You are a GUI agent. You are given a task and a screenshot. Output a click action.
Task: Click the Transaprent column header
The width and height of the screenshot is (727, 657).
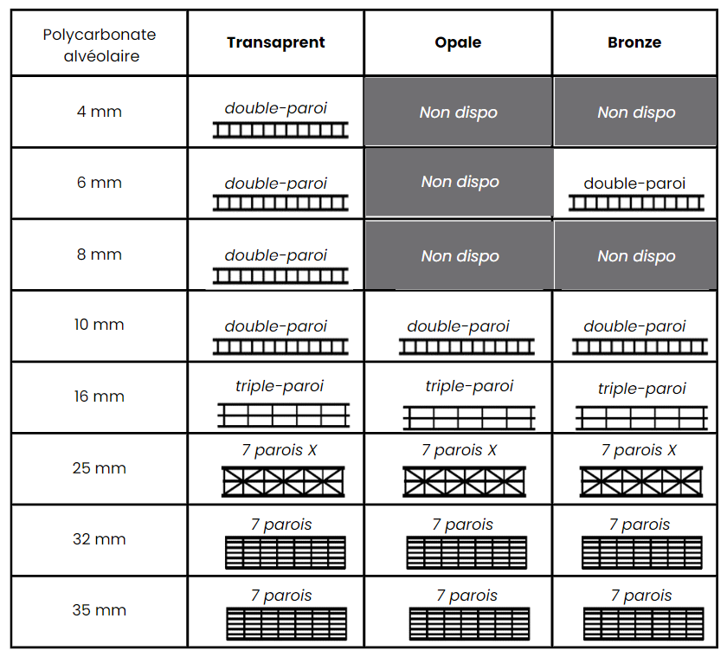[276, 42]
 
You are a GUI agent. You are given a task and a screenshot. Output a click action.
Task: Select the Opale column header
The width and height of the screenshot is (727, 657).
[458, 42]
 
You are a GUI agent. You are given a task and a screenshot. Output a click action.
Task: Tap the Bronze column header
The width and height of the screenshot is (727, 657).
[634, 42]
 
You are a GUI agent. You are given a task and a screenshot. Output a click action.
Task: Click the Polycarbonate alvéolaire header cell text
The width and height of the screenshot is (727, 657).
[100, 45]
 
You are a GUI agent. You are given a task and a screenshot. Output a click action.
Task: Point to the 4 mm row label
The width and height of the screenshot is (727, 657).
[100, 112]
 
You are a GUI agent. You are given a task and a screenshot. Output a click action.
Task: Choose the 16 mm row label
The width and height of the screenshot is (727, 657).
[100, 396]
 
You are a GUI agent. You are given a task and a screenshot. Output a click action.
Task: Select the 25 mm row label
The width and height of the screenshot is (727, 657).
[100, 467]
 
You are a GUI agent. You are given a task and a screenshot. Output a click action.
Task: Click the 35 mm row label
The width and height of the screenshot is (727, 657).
[100, 610]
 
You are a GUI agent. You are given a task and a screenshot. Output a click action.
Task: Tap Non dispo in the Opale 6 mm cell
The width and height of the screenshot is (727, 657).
[460, 182]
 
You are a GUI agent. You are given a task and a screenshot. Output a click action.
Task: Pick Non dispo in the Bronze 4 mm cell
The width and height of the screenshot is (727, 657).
[636, 113]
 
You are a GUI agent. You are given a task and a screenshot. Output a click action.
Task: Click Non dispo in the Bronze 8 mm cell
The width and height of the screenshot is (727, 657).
[636, 256]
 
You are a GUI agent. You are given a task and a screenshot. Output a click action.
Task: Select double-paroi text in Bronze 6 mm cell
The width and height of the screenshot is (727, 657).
[634, 184]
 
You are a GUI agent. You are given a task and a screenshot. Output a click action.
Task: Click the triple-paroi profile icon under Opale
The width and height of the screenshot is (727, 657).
[469, 417]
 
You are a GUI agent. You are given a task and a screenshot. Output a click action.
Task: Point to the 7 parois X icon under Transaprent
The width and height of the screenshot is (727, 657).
[283, 482]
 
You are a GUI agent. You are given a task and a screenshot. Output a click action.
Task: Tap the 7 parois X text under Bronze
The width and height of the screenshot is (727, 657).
[639, 450]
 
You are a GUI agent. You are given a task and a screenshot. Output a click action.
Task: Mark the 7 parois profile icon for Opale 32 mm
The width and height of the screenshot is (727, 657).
[466, 552]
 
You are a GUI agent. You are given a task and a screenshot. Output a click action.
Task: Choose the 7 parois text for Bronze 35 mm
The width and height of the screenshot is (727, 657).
[641, 596]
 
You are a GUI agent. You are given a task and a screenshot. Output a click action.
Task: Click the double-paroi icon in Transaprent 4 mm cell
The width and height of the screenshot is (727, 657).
[280, 131]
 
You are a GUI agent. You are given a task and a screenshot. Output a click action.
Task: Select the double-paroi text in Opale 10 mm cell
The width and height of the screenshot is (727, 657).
[458, 326]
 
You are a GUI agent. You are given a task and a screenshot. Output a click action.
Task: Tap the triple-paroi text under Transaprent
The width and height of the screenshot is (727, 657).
[279, 386]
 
